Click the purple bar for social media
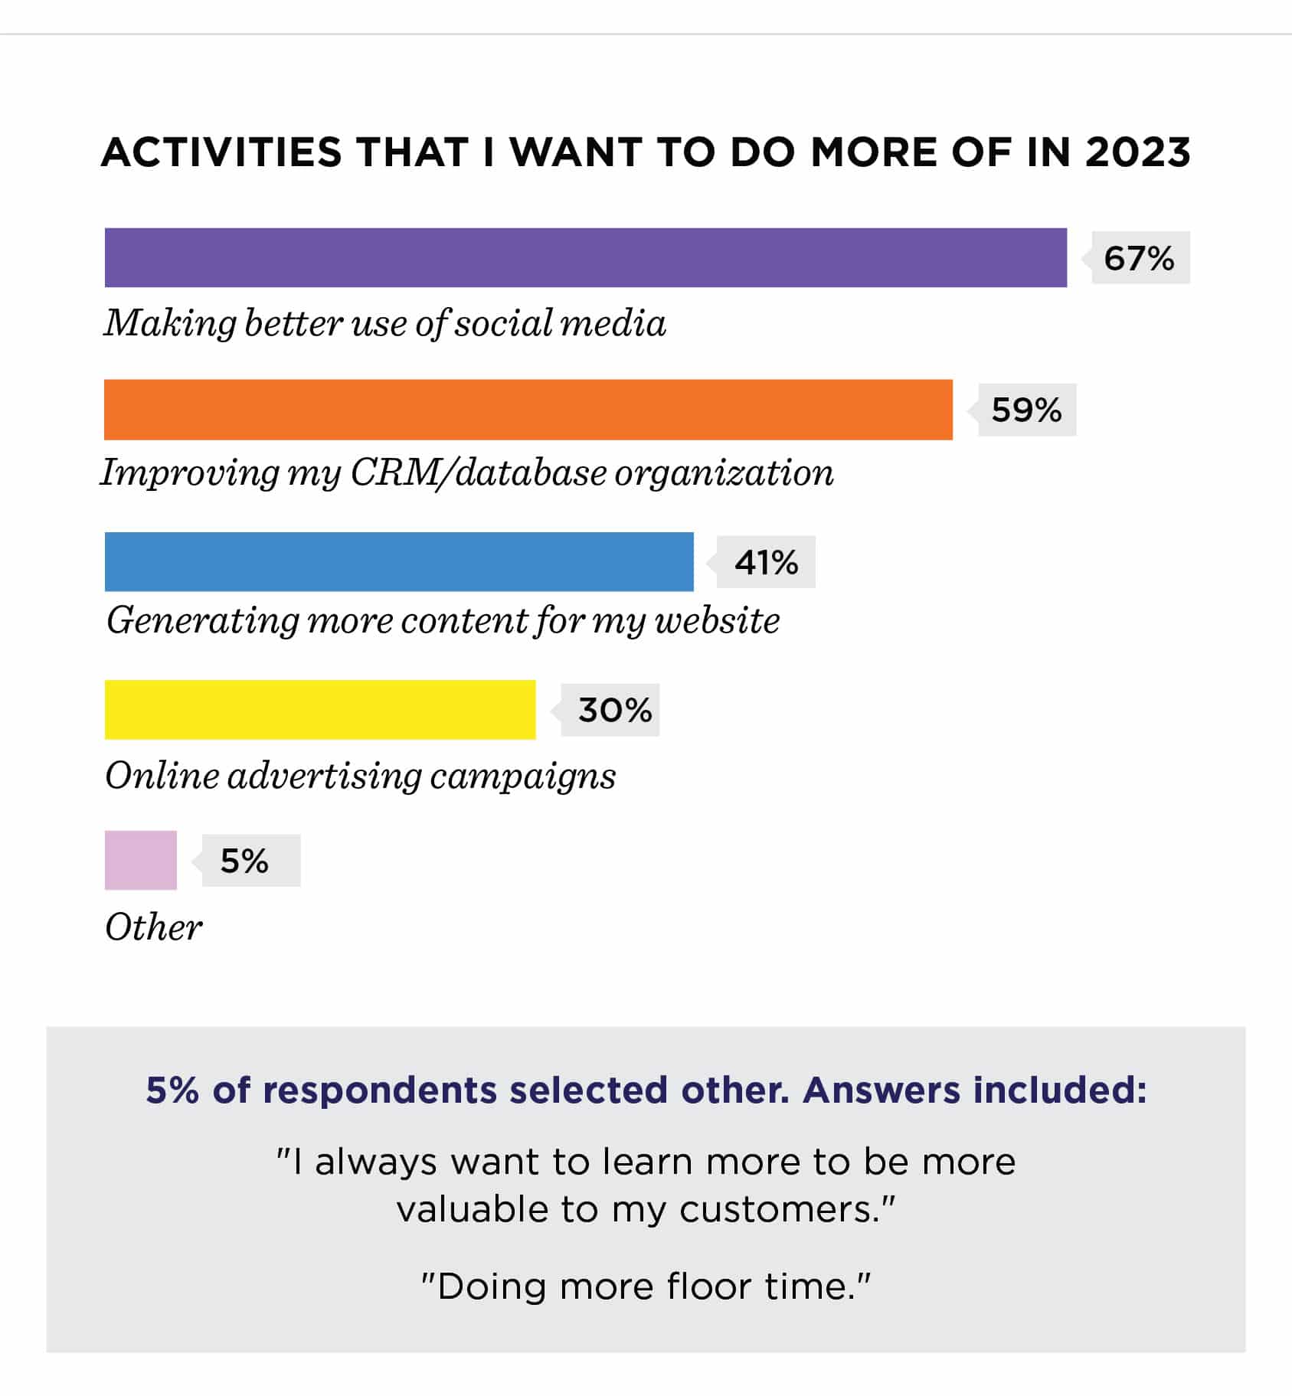point(586,257)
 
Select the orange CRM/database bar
point(528,410)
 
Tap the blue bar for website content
point(399,561)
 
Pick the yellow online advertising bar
point(320,710)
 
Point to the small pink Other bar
point(141,860)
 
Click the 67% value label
point(1139,259)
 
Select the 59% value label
point(1026,410)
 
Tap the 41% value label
point(766,563)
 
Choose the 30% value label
point(615,711)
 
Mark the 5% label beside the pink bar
point(244,861)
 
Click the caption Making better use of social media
point(385,323)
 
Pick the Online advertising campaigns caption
point(361,776)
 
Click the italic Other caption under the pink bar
point(153,927)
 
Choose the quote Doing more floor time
point(646,1286)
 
